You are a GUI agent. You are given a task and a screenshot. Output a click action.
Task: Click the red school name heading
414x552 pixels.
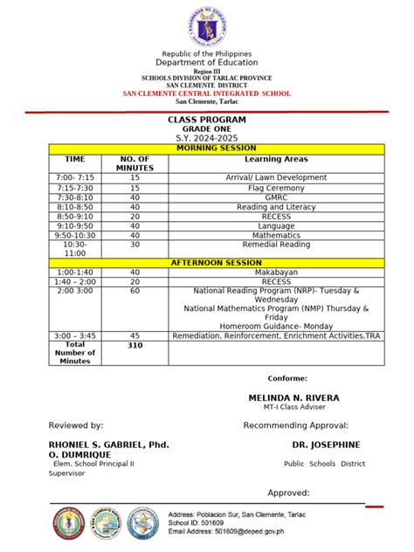(207, 93)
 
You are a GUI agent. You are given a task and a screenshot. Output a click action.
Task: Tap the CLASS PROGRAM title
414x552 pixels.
(207, 120)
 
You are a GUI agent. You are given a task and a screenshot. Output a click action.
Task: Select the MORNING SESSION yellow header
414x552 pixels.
(207, 148)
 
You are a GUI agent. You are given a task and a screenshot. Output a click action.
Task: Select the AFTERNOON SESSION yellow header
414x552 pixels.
(207, 262)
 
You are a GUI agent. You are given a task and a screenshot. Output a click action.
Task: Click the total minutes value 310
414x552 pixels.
(135, 345)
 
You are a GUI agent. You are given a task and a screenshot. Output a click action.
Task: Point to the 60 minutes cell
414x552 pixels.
(135, 291)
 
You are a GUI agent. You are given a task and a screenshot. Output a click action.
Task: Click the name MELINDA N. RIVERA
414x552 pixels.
(293, 397)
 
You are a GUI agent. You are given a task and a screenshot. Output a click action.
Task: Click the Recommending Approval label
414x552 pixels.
(294, 424)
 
